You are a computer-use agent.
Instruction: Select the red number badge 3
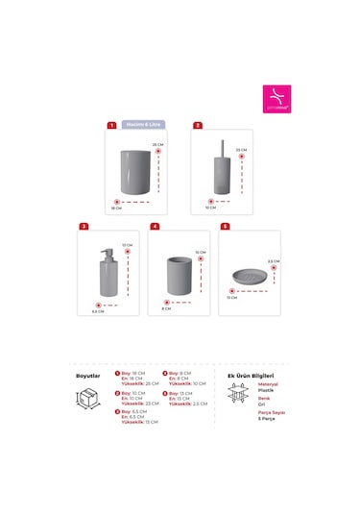[84, 227]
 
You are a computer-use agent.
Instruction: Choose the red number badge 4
[154, 227]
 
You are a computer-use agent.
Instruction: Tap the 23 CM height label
[242, 150]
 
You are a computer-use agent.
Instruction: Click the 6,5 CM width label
[97, 311]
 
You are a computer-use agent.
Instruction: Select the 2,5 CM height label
[273, 261]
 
